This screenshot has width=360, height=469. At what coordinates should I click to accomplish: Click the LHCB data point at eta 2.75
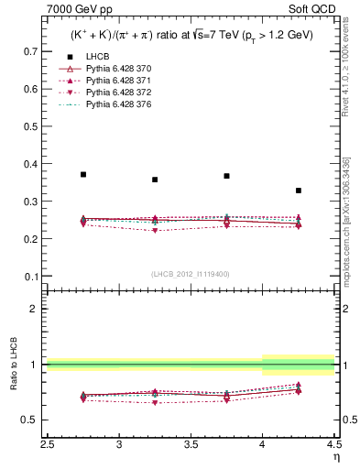pyautogui.click(x=83, y=174)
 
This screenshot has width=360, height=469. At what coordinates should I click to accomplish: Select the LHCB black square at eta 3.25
pyautogui.click(x=155, y=180)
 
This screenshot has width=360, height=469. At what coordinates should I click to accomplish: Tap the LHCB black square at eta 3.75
pyautogui.click(x=226, y=176)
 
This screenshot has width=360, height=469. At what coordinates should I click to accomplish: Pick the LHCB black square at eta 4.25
pyautogui.click(x=299, y=191)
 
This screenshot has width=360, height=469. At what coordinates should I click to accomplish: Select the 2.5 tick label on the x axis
pyautogui.click(x=48, y=444)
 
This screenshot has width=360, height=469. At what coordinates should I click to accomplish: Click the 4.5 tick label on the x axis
pyautogui.click(x=334, y=444)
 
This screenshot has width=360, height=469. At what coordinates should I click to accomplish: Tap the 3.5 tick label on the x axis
pyautogui.click(x=191, y=444)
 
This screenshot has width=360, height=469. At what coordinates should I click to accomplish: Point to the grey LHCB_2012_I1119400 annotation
pyautogui.click(x=191, y=274)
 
